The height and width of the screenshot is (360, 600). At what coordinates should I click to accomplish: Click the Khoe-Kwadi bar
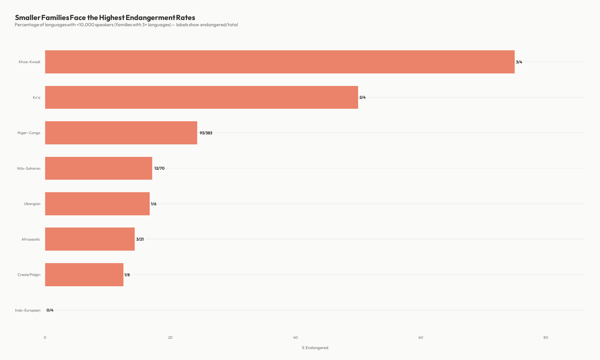coord(280,62)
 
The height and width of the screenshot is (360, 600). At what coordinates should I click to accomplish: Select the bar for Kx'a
coord(202,97)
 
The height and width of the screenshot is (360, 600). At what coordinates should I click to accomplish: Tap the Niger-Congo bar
coord(121,133)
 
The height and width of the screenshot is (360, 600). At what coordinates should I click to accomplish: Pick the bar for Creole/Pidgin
coord(84,275)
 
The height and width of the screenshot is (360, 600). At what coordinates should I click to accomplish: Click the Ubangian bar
coord(97,204)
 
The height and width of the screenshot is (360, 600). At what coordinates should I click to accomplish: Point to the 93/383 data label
coord(206,133)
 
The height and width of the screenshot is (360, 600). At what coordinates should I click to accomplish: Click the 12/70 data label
coord(159,168)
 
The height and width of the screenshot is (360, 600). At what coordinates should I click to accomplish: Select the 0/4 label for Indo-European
coord(50,310)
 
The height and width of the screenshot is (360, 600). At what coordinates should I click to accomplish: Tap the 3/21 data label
coord(140,239)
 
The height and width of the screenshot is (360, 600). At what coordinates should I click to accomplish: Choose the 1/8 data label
coord(127,275)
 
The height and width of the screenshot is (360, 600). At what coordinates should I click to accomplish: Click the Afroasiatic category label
coord(31,239)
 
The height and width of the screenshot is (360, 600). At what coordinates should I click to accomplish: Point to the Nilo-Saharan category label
coord(29,168)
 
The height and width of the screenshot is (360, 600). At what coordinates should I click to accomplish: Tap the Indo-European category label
coord(28,310)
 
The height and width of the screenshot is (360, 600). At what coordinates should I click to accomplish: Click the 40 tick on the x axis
coord(295,337)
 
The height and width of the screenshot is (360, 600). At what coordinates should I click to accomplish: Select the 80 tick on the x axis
coord(546,337)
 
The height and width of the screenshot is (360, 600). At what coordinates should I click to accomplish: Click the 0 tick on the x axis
coord(45,337)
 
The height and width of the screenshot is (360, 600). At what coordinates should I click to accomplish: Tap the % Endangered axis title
coord(315,348)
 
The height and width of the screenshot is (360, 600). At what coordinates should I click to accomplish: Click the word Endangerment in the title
coord(150,17)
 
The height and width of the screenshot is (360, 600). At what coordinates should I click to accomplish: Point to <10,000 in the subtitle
coord(85,25)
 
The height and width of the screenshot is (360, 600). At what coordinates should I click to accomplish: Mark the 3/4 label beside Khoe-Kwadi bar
coord(519,62)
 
